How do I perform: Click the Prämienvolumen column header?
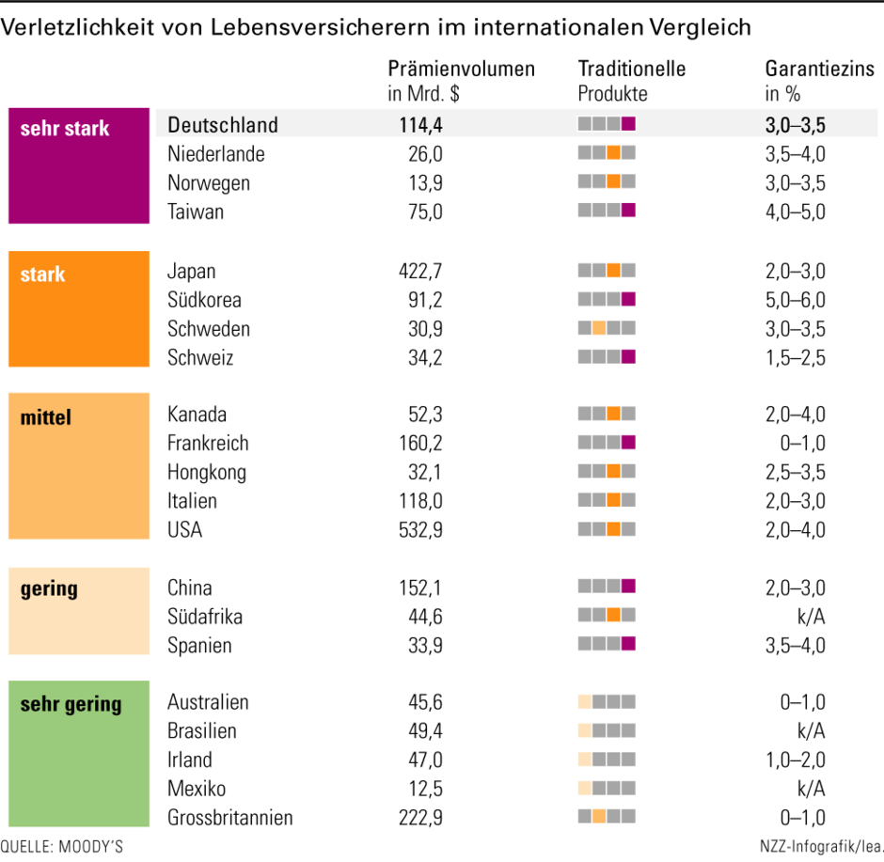[461, 81]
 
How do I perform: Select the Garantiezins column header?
[820, 81]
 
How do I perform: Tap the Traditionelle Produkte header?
[631, 81]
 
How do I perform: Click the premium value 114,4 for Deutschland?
[420, 125]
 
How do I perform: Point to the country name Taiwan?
[196, 212]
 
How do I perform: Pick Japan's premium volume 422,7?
[420, 271]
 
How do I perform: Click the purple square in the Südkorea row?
[628, 299]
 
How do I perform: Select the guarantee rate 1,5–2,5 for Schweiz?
[795, 358]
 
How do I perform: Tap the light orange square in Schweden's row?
[599, 328]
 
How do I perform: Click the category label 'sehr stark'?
[65, 129]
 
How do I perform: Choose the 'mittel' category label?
[46, 417]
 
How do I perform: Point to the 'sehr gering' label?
[71, 704]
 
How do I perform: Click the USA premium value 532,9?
[420, 529]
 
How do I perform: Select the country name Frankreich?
[208, 444]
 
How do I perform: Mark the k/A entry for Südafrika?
[812, 617]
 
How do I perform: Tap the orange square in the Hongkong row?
[614, 471]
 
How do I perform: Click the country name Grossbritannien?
[230, 818]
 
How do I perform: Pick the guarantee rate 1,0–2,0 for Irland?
[795, 760]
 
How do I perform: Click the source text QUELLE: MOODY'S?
[61, 847]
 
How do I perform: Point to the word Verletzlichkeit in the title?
[77, 27]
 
